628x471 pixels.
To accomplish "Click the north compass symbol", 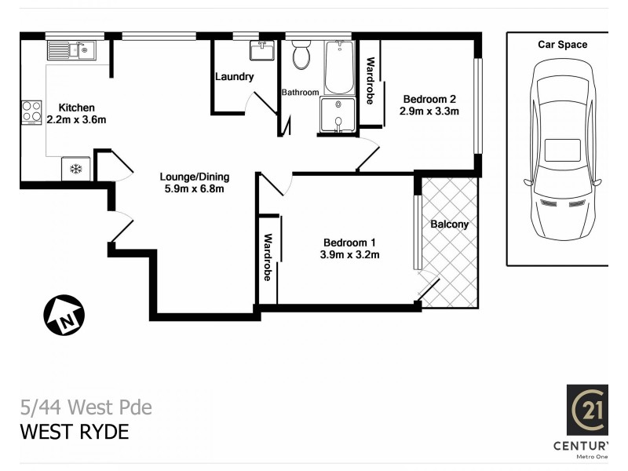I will click(64, 316).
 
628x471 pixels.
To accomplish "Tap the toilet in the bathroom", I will click(301, 56).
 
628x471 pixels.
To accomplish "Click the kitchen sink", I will click(71, 51).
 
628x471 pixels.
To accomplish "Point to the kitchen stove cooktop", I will click(32, 111).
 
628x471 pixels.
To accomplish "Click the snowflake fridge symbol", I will click(76, 169).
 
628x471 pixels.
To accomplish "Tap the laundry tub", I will click(261, 50).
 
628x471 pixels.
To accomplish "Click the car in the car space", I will click(562, 149).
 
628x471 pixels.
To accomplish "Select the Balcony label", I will click(450, 224).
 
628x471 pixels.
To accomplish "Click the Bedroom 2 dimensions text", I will click(429, 111).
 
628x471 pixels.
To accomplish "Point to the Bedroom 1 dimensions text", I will click(349, 254).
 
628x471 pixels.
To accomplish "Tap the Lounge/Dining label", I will click(192, 176).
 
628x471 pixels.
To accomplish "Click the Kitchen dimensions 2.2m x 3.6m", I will click(76, 120).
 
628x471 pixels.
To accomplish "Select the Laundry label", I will click(235, 77).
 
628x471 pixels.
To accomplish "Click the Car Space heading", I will click(562, 45).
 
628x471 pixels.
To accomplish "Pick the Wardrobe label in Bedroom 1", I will click(268, 257).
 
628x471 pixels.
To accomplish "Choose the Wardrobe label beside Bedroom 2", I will click(370, 81).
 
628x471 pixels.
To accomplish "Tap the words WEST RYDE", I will click(74, 432).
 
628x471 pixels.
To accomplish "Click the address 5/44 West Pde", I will click(86, 407).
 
